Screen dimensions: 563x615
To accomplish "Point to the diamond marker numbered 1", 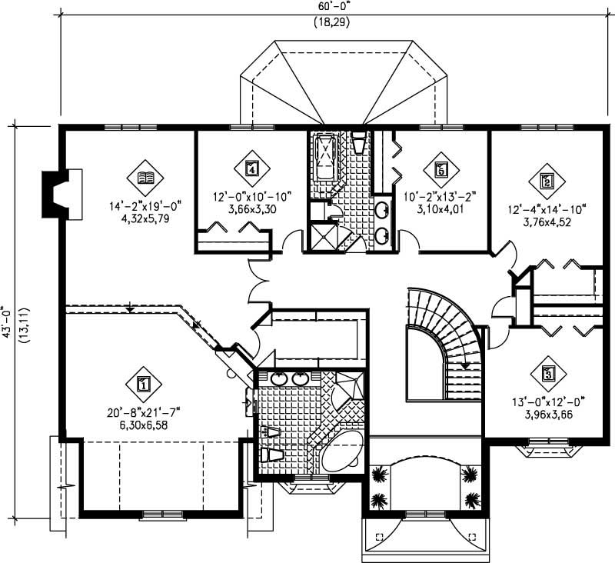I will click(143, 382).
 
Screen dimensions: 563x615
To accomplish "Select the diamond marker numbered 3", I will click(547, 375).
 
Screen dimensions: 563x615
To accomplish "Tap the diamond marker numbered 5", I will click(440, 168).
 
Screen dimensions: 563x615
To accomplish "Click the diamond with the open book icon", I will click(144, 178).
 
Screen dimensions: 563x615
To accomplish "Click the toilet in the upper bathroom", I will click(359, 144).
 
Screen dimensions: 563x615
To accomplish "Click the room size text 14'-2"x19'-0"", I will click(144, 205).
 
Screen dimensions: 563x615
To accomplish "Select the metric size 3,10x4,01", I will click(440, 208).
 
